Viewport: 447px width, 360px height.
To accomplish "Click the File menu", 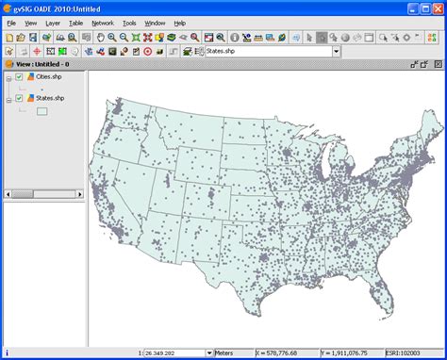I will pos(11,22).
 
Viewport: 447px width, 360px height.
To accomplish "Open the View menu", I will pos(30,22).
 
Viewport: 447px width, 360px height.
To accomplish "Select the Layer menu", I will pos(52,22).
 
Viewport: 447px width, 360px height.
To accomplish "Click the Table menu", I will pos(75,22).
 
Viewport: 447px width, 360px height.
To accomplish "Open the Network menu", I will pos(102,22).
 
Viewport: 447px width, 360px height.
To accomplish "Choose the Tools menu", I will pos(129,22).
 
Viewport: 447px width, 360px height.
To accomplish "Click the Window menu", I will pos(155,22).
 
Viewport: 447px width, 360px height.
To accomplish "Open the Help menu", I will pos(179,22).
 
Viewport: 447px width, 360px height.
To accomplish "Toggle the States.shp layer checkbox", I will pos(19,97).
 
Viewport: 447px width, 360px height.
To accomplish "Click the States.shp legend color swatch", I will pos(41,110).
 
